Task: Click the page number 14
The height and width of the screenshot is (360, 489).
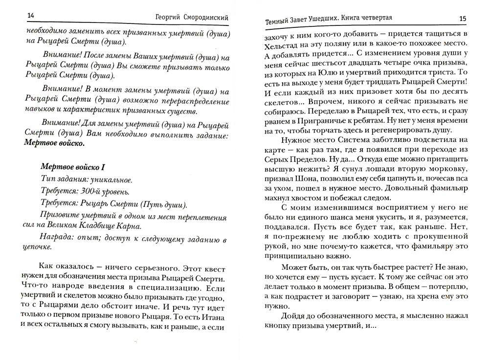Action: [x=30, y=17]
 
